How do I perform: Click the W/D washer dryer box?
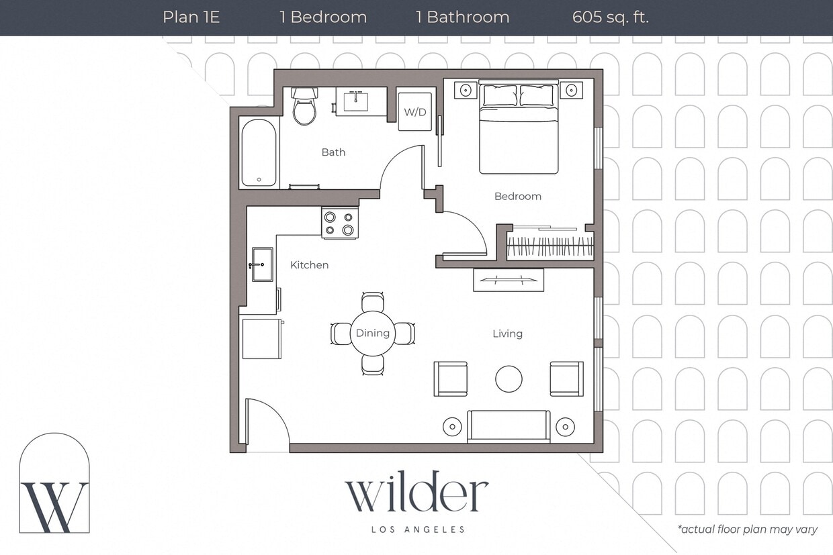click(x=414, y=111)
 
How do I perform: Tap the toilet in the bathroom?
click(x=304, y=107)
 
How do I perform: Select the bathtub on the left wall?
click(x=259, y=152)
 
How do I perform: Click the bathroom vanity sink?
click(x=355, y=102)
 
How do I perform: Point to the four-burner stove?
click(x=339, y=223)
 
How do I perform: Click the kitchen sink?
click(x=261, y=264)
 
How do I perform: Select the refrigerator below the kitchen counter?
click(x=261, y=339)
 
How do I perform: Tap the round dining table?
click(x=372, y=334)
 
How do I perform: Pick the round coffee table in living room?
click(x=509, y=379)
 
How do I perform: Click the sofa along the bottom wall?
click(x=509, y=426)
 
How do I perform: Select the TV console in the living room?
click(x=508, y=280)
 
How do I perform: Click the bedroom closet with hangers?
click(x=550, y=244)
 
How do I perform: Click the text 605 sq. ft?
click(x=610, y=17)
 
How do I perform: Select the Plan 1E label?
click(x=191, y=17)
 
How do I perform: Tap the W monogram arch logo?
click(x=54, y=485)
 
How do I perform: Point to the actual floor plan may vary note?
click(x=747, y=529)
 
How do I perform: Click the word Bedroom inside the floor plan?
click(x=517, y=197)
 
